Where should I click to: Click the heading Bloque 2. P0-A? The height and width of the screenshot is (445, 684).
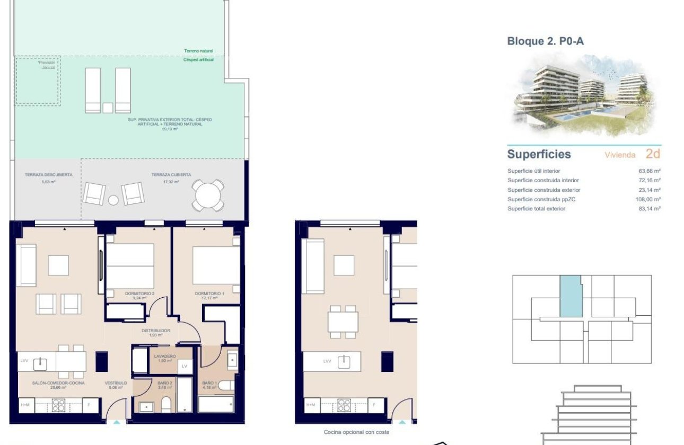[x=546, y=41]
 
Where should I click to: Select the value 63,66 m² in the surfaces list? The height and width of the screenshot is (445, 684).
[x=649, y=171]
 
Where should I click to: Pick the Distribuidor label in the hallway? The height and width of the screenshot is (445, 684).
[x=155, y=332]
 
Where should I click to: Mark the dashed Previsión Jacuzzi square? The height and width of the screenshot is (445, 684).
[x=36, y=81]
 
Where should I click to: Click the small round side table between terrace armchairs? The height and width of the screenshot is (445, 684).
[x=113, y=200]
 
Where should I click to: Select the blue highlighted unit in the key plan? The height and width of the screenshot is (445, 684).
[x=571, y=297]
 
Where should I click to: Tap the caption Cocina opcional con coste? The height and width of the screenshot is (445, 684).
[x=356, y=432]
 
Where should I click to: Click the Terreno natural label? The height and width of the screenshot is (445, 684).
[x=198, y=51]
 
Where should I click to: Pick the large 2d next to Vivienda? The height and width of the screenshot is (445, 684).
[x=653, y=154]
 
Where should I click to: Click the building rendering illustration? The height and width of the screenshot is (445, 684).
[x=583, y=99]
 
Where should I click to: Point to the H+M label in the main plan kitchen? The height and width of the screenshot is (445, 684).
[x=25, y=405]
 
